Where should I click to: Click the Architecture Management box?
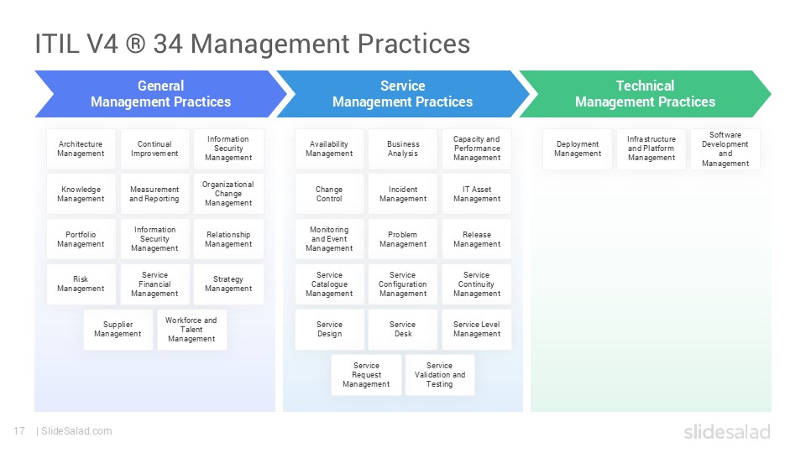81,149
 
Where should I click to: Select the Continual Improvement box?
154,149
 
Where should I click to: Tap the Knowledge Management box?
81,194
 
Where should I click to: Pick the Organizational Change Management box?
228,194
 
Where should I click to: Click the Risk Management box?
81,284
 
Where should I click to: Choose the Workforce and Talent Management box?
191,330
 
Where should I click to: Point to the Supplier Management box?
118,330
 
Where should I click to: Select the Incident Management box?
403,194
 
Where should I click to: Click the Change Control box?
329,194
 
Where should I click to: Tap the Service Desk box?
403,330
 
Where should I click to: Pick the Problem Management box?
403,239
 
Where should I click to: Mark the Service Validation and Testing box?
439,375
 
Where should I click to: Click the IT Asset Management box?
477,194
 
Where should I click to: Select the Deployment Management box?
578,149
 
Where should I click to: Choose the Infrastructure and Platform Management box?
652,149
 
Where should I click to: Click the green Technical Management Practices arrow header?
645,94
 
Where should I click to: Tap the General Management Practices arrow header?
160,94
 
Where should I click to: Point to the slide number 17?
19,431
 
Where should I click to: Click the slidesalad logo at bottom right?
726,431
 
